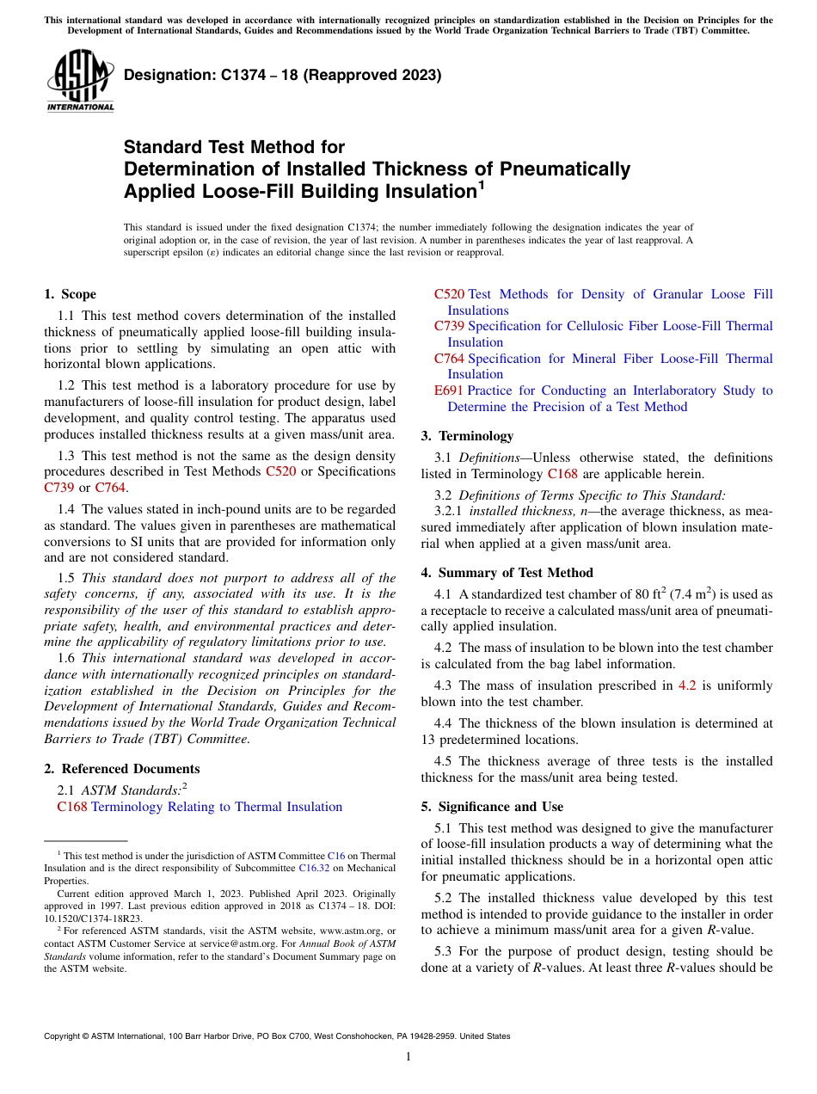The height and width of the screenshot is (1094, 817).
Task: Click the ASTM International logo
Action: pos(80,82)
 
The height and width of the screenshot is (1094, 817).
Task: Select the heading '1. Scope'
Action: pos(70,294)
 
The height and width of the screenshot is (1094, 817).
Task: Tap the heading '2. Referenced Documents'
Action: pos(121,769)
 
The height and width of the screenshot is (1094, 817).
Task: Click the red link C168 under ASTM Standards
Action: pos(71,807)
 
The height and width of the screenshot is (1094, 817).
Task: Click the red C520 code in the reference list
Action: pos(449,294)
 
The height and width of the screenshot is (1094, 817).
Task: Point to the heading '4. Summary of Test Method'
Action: pos(507,573)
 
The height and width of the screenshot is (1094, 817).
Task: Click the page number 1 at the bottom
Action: pos(408,1057)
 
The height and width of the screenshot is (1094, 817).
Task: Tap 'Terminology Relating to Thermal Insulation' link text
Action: pos(217,807)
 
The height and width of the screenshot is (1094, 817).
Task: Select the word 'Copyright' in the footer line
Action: pos(64,1036)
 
